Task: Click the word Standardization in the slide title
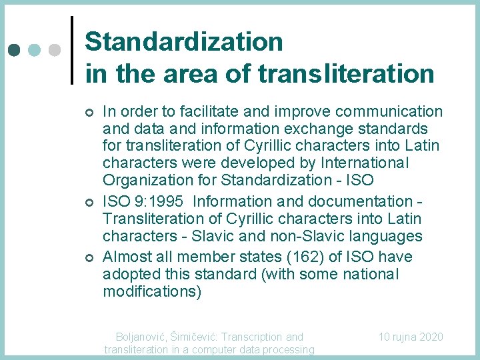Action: click(184, 42)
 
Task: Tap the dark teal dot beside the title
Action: click(15, 50)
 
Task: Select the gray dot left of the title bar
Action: click(55, 50)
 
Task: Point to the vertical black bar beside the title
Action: click(71, 50)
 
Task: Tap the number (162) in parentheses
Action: click(321, 257)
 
